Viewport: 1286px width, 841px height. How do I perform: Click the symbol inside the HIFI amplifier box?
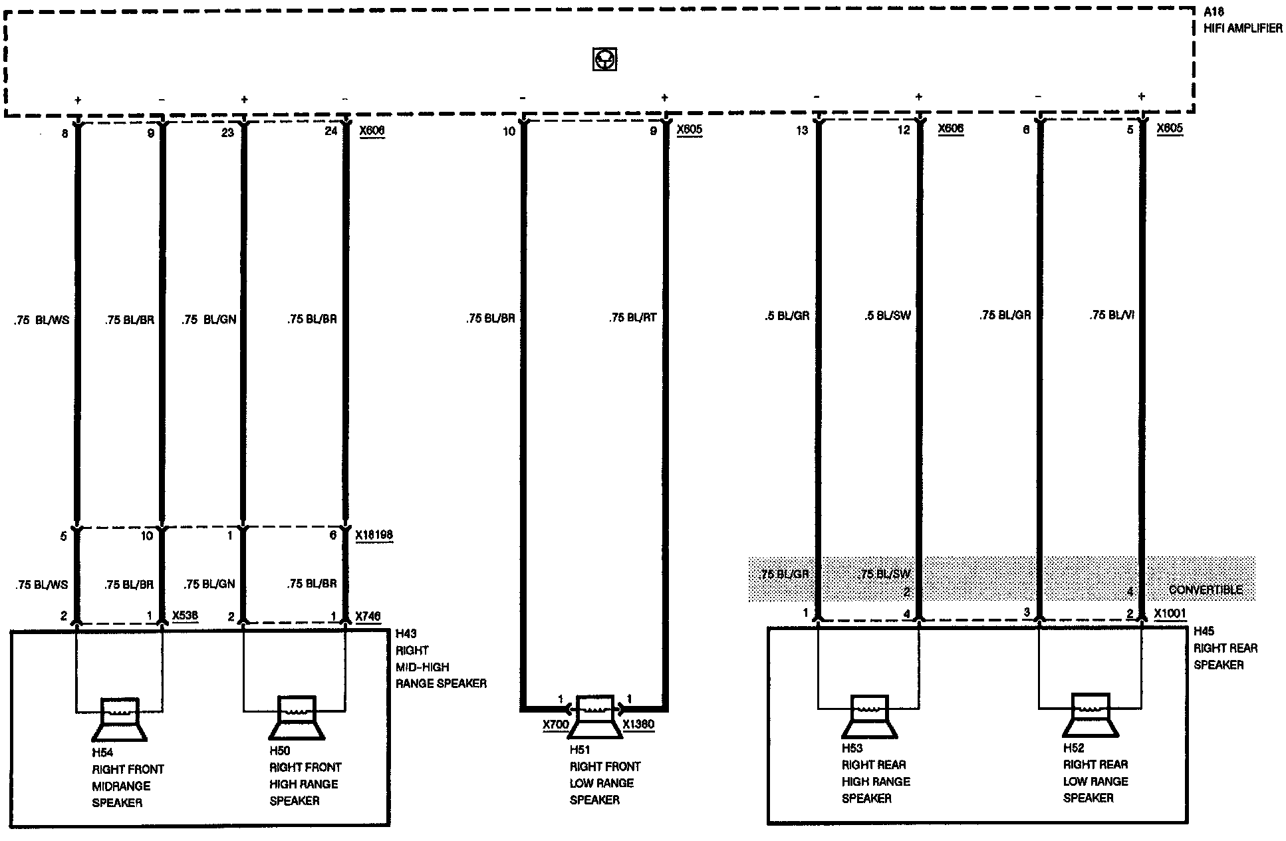pos(604,59)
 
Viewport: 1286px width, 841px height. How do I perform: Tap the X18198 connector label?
pos(374,535)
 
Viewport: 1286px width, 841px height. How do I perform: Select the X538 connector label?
pos(185,615)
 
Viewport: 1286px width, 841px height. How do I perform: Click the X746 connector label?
pos(368,616)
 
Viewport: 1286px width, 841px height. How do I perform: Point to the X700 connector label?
pos(555,725)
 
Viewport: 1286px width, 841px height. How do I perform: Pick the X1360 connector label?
pos(638,724)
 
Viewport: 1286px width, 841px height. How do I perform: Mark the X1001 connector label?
pos(1170,613)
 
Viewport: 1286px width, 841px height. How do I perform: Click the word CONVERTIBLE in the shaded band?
pos(1205,589)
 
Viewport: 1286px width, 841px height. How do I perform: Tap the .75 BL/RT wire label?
pos(632,318)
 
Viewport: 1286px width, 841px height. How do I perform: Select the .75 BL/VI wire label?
pos(1112,315)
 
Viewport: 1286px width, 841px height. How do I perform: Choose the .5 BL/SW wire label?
pos(887,315)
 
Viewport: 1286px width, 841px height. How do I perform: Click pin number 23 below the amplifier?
pos(227,132)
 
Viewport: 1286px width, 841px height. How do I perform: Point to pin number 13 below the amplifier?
pos(802,130)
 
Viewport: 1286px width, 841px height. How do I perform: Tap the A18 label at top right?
pos(1214,12)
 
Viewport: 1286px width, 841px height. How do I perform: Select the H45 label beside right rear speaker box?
pos(1204,631)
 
